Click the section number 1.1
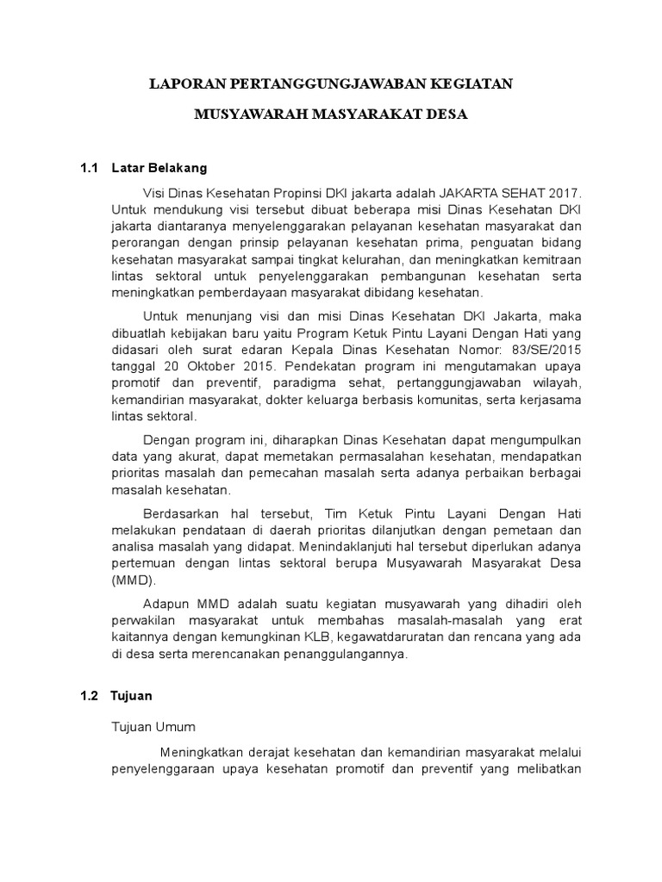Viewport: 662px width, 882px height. pyautogui.click(x=90, y=167)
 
